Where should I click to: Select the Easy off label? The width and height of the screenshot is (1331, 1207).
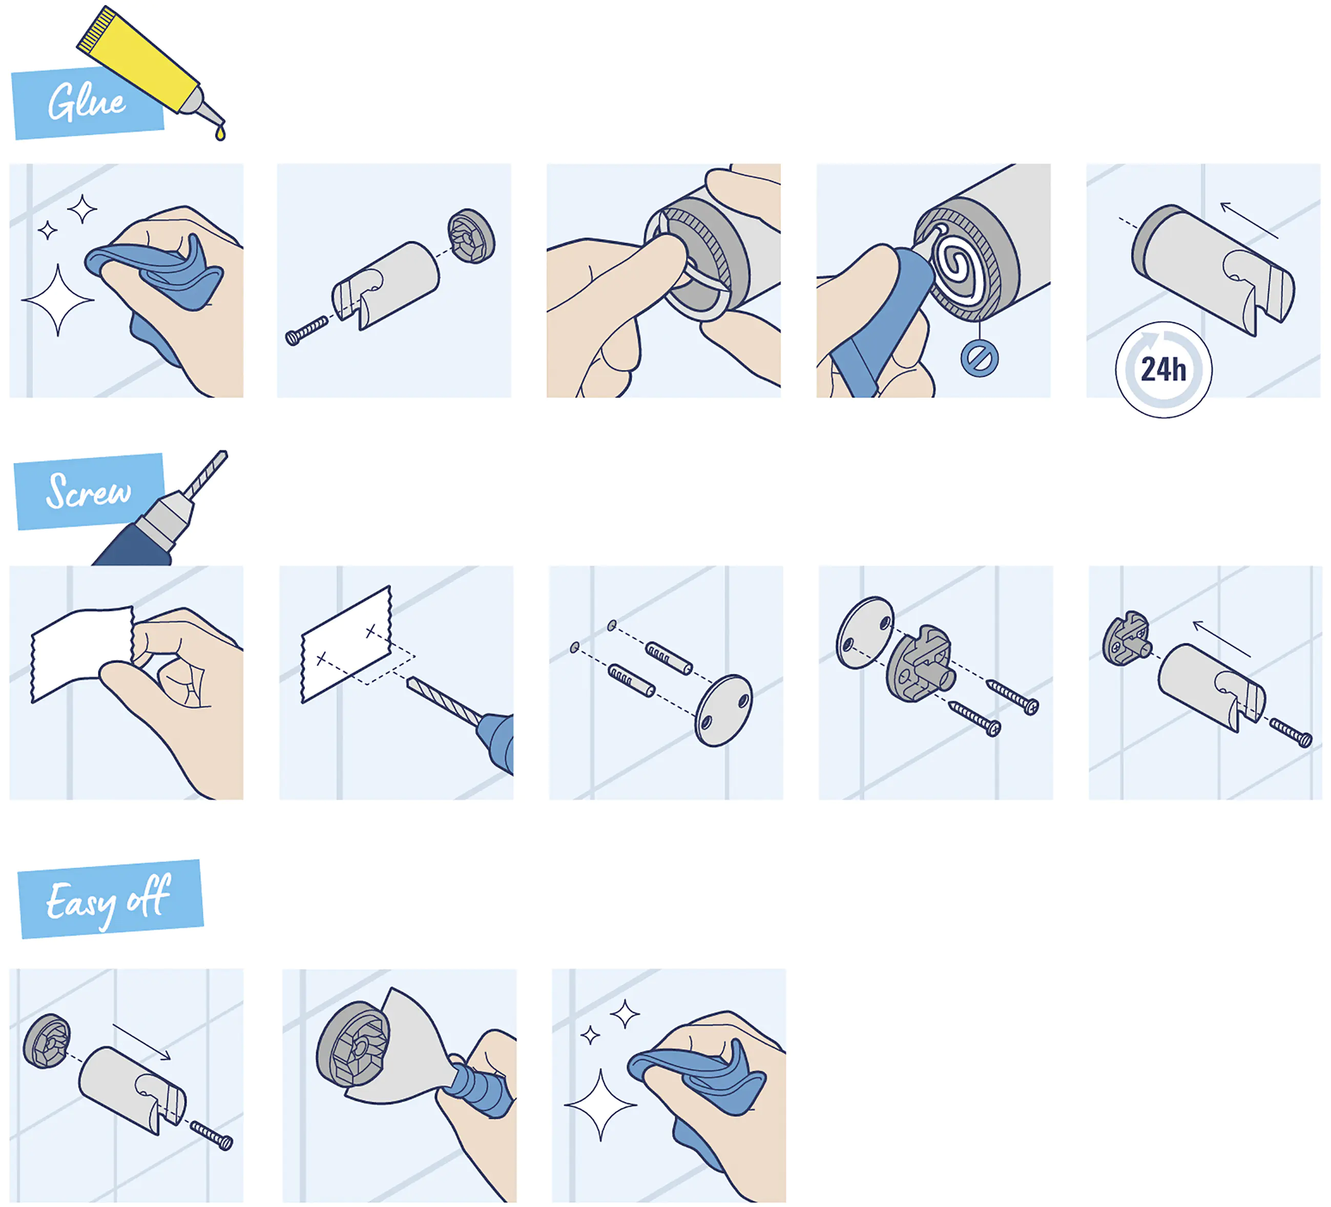[109, 899]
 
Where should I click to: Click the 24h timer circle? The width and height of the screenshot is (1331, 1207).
[1163, 370]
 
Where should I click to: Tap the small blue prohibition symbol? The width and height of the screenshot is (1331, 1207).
[979, 359]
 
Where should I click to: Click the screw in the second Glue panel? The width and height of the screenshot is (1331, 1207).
[306, 329]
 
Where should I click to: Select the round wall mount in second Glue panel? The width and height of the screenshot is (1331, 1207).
[471, 236]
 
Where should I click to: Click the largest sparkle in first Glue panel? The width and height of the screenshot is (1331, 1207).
[58, 300]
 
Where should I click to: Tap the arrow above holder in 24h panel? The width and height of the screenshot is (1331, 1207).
[1249, 220]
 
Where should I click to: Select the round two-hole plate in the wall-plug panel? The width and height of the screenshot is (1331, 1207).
[723, 710]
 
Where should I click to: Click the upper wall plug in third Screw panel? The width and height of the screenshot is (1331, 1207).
[668, 658]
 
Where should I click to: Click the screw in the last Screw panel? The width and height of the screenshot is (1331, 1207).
[1291, 734]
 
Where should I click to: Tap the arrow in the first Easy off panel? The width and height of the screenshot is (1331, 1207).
[141, 1042]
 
